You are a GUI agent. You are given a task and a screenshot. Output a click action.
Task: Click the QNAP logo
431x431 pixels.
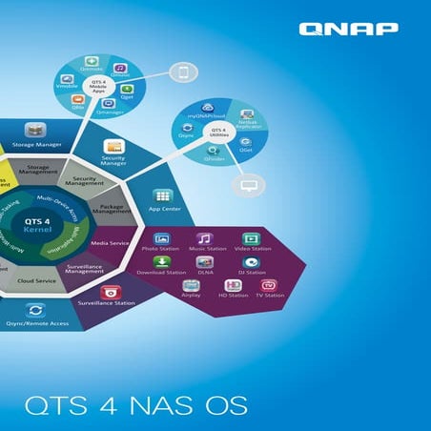pos(348,30)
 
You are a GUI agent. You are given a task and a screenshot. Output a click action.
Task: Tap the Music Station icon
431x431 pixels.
pos(204,238)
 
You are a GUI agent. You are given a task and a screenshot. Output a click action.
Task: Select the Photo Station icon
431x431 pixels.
pos(162,238)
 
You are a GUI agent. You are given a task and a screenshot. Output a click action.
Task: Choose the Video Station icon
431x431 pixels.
pos(250,238)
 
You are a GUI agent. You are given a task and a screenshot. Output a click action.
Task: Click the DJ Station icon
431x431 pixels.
pos(250,262)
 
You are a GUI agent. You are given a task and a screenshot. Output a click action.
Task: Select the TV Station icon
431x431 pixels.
pos(269,285)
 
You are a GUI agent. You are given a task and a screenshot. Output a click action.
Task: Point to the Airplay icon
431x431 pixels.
pos(191,285)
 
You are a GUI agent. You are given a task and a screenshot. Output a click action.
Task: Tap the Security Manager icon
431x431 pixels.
pos(114,149)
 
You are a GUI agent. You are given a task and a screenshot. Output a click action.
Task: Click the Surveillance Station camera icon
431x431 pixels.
pos(113,291)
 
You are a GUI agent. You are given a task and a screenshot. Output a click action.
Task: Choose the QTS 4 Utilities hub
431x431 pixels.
pos(218,133)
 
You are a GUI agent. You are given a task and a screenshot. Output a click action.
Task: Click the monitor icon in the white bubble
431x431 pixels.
pos(251,185)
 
